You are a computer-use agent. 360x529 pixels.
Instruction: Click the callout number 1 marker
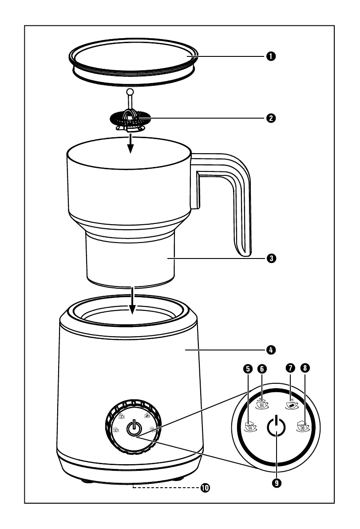269,56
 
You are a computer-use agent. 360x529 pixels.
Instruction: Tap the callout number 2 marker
269,118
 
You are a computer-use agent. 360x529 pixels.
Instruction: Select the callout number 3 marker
269,258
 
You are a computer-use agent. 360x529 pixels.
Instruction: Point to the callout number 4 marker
269,350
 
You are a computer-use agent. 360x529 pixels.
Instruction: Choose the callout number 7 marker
291,368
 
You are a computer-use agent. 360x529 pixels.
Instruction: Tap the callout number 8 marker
305,368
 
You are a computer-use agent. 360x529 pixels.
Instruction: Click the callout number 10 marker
205,488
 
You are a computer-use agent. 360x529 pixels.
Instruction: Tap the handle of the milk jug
237,200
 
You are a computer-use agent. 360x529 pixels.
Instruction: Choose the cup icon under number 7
291,404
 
